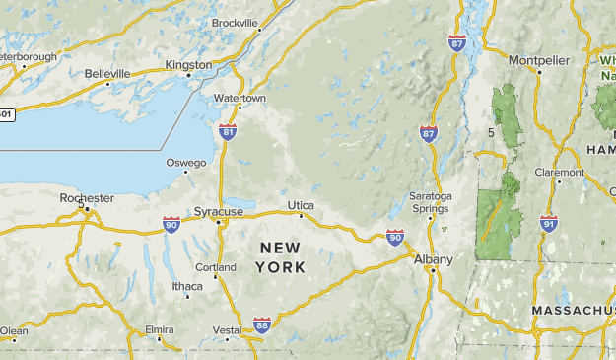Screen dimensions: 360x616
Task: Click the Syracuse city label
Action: point(219,212)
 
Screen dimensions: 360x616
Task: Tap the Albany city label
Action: point(434,259)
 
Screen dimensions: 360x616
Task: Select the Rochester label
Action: point(87,198)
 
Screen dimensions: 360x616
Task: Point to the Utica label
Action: point(301,205)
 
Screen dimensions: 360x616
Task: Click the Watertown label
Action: point(240,99)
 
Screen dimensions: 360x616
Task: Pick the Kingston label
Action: point(188,65)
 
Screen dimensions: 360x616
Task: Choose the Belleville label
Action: point(107,74)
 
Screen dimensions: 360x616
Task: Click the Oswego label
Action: point(186,163)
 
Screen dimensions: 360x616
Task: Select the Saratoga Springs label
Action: point(430,202)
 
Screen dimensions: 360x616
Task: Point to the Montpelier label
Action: point(539,61)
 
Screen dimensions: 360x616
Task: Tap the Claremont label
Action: point(559,171)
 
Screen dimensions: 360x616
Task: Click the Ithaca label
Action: point(187,287)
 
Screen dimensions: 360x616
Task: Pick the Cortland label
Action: point(217,267)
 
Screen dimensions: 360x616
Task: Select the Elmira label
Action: point(160,329)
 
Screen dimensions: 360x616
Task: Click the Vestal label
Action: point(227,330)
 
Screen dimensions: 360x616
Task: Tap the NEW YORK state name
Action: point(280,256)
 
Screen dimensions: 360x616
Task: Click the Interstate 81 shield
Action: point(228,131)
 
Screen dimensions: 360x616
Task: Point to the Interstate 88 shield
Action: point(261,324)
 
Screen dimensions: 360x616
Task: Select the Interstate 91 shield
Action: point(548,224)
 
